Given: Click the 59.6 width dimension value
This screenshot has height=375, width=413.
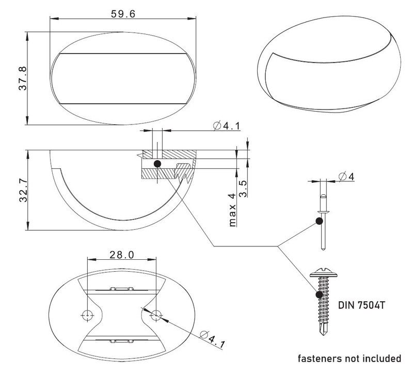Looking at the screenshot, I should coord(123,14).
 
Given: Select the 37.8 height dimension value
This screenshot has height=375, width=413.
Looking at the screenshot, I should coord(22,79).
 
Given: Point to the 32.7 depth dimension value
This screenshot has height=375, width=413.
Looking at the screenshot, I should coord(22,189).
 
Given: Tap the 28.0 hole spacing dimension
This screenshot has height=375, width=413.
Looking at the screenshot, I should coord(122,255).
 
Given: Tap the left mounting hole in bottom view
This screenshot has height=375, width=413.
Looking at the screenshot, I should coord(88,314).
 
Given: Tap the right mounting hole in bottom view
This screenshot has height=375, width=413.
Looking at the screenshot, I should coord(155,314).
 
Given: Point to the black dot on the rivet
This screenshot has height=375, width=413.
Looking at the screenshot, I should coord(319,222).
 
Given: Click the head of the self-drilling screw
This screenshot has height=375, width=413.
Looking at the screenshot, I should coord(323,271).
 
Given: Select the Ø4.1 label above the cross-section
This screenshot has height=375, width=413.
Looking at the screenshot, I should coord(226,126).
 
